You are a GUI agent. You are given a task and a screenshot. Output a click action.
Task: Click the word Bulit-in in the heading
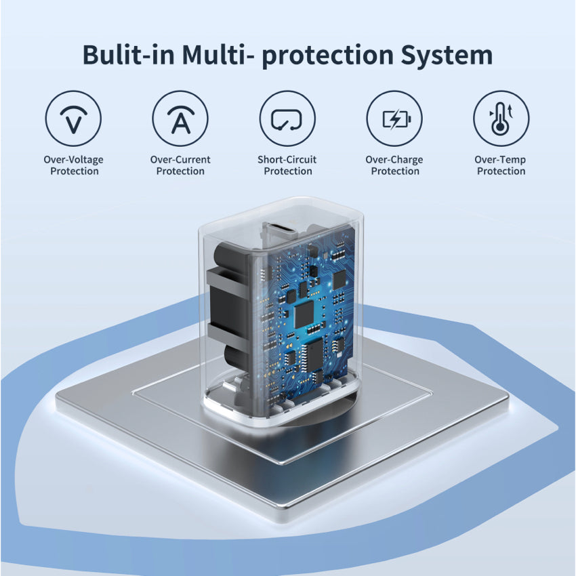point(129,55)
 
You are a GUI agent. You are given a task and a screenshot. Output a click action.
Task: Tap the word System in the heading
point(447,56)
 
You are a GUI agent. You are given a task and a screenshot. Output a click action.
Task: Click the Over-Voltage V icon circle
point(73,119)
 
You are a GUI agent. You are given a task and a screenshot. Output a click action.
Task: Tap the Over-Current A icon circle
point(180,119)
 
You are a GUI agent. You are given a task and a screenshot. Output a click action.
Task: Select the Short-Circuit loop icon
point(287,119)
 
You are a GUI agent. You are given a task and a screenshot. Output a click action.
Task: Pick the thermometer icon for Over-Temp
point(501,119)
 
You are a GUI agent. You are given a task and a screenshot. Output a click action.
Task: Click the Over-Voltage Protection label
point(73,165)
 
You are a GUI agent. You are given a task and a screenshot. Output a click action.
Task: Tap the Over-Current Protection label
point(180,165)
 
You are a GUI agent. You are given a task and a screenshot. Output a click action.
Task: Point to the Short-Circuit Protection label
point(287,165)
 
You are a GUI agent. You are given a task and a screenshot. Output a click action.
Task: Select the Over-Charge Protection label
point(394,165)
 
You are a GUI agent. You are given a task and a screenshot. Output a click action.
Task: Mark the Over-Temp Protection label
point(501,165)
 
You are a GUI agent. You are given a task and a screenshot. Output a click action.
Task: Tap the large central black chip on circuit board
point(304,314)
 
